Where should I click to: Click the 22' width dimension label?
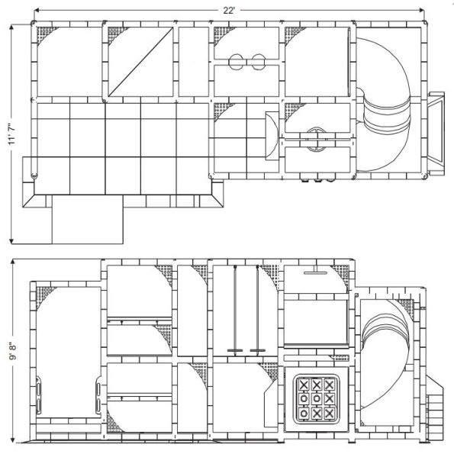(x=228, y=10)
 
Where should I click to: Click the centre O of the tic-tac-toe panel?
(x=317, y=397)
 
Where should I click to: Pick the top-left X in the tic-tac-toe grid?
(x=304, y=384)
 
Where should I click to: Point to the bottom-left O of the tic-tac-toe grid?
(x=304, y=412)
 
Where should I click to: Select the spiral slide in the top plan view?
(x=386, y=99)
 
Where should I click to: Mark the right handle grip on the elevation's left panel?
(x=97, y=396)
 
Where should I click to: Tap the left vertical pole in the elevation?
(x=236, y=309)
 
